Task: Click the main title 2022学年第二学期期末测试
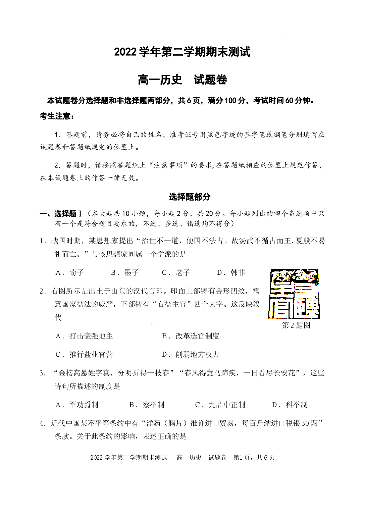pyautogui.click(x=182, y=52)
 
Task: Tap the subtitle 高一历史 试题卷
pyautogui.click(x=182, y=80)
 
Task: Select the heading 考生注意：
pyautogui.click(x=57, y=116)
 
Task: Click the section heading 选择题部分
pyautogui.click(x=190, y=197)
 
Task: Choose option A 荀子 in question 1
pyautogui.click(x=70, y=273)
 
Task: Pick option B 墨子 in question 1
pyautogui.click(x=125, y=273)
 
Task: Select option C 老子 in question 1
pyautogui.click(x=176, y=273)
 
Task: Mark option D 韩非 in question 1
pyautogui.click(x=231, y=273)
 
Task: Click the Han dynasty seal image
pyautogui.click(x=294, y=294)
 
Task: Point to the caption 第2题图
pyautogui.click(x=296, y=325)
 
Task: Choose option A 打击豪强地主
pyautogui.click(x=84, y=336)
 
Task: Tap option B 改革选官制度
pyautogui.click(x=191, y=336)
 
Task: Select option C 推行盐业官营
pyautogui.click(x=84, y=354)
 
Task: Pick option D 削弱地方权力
pyautogui.click(x=191, y=354)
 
